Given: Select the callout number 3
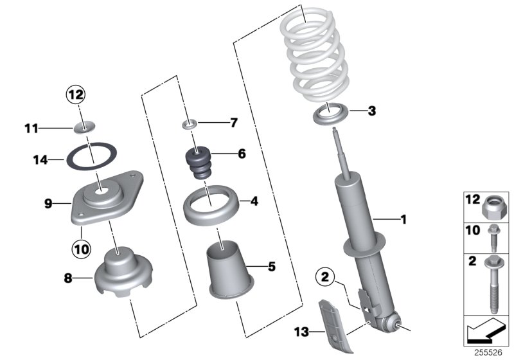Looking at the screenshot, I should (x=371, y=111).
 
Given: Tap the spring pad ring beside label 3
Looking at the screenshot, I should (x=332, y=116).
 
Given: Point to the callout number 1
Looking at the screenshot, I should (x=403, y=220).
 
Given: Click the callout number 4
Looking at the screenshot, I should (x=254, y=201).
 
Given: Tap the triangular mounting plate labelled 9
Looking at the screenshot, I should (x=106, y=196).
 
